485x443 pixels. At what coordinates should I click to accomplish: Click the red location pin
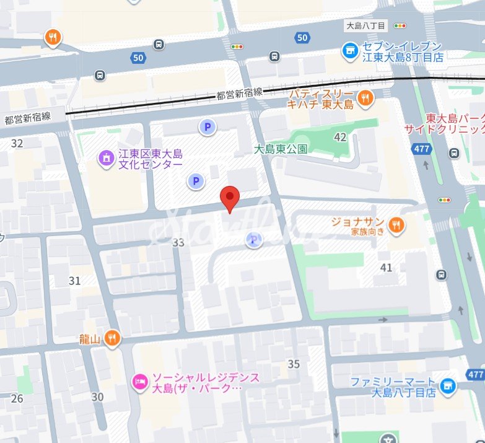tap(230, 198)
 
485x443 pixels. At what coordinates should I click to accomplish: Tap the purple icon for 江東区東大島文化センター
tap(107, 159)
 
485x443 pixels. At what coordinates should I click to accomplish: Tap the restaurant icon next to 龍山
tap(112, 338)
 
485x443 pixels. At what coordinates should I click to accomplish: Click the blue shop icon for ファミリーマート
tap(447, 387)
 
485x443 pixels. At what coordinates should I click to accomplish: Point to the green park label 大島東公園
tap(281, 149)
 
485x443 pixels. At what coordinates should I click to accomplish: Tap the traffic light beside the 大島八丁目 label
tap(400, 26)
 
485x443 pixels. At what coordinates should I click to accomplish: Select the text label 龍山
tap(90, 338)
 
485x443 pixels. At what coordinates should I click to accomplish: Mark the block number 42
tap(340, 137)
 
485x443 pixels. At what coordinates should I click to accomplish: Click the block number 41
tap(387, 268)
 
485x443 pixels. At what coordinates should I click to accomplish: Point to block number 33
tap(178, 243)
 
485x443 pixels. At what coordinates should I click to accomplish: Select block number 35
tap(294, 364)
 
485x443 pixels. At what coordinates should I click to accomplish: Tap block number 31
tap(74, 281)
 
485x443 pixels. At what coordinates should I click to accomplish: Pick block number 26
tap(17, 398)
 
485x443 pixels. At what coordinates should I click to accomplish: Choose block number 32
tap(17, 144)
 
